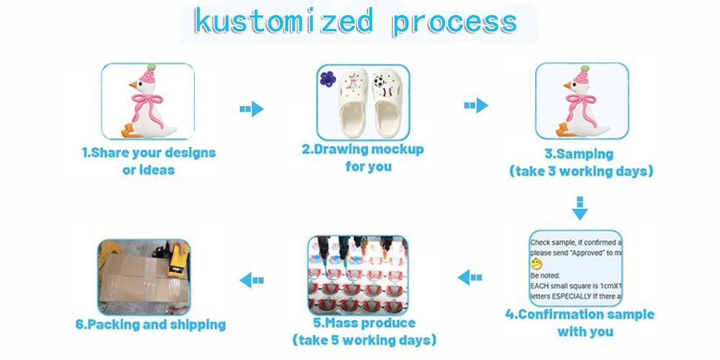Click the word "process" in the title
(454, 22)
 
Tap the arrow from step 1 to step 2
(251, 109)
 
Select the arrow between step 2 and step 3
(475, 105)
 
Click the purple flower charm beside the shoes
(329, 78)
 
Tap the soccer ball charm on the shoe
(378, 81)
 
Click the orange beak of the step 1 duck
(132, 86)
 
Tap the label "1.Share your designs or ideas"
(148, 161)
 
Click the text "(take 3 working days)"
(580, 171)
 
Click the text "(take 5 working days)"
(364, 339)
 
